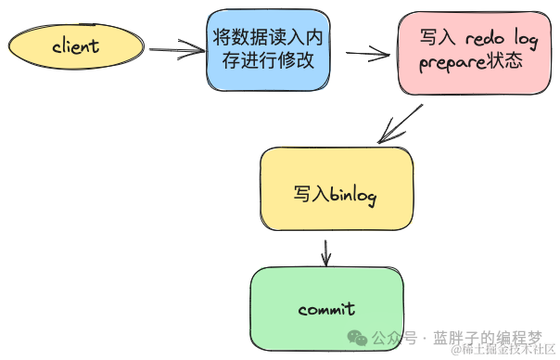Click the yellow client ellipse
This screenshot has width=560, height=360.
pos(75,45)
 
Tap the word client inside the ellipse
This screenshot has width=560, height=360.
pos(75,45)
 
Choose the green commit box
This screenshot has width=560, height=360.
pos(327,307)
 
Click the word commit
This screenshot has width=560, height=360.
pos(327,308)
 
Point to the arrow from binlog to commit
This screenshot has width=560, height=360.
pos(325,250)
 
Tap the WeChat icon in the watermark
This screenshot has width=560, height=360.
pos(356,336)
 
